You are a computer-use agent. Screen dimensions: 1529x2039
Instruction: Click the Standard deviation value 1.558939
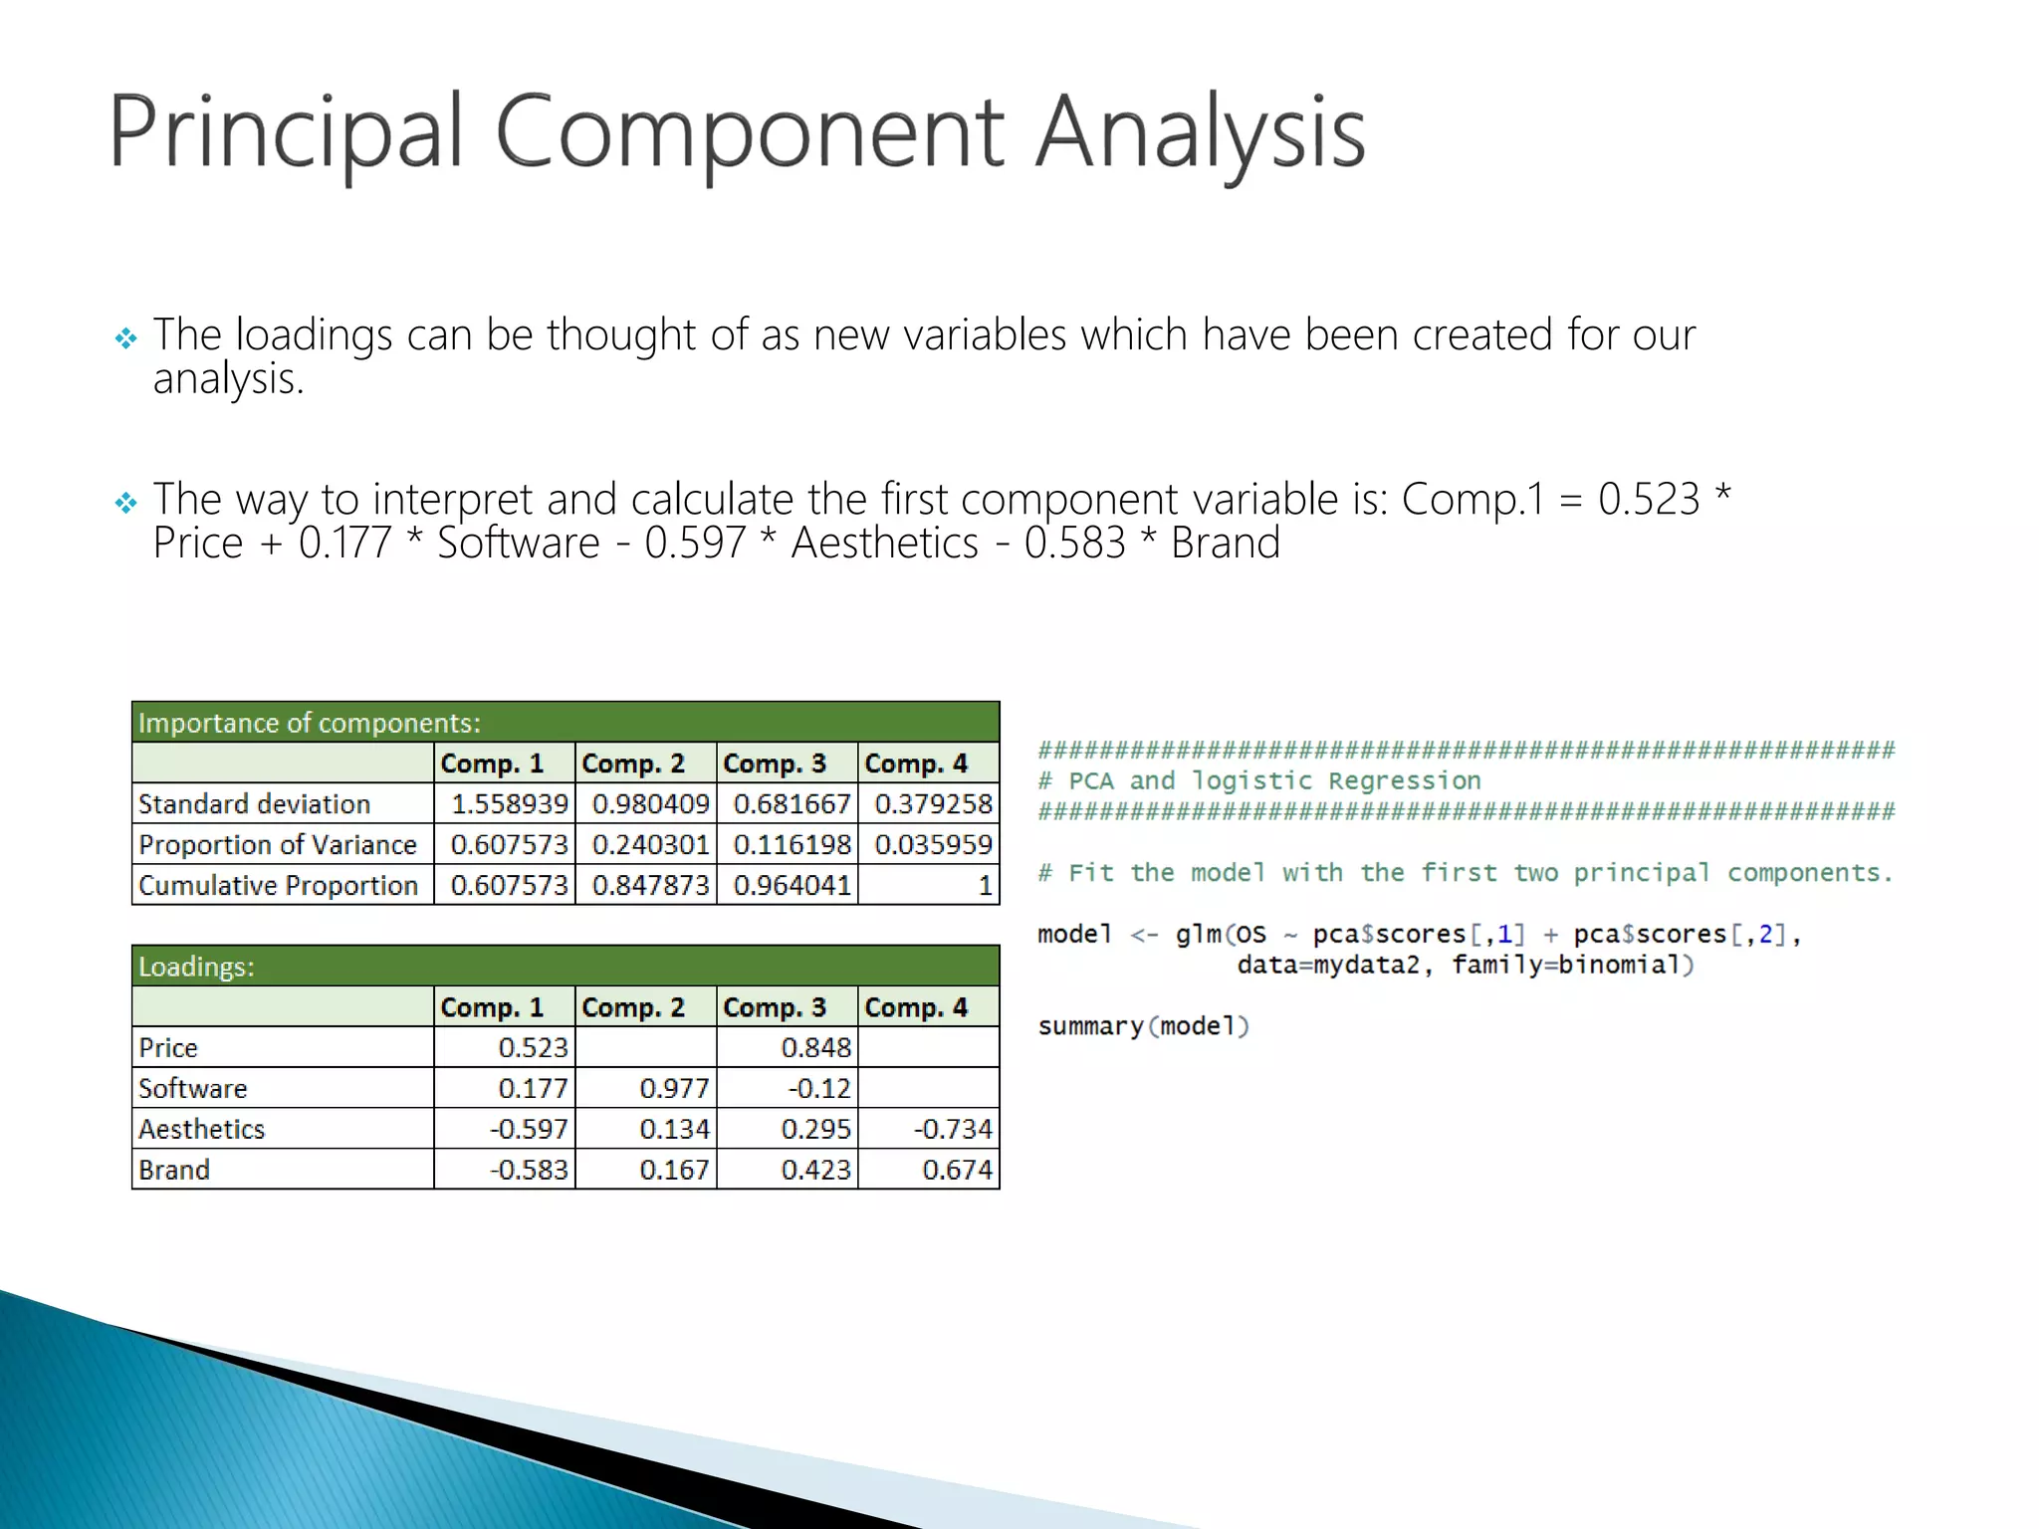509,803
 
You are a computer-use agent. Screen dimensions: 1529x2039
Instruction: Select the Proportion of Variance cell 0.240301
650,844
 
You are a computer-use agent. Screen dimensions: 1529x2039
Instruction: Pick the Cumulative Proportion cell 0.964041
792,885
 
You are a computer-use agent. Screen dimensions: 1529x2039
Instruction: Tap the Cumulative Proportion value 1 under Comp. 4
984,885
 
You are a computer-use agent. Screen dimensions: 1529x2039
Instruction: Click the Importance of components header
309,723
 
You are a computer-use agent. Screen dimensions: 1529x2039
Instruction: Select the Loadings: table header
196,967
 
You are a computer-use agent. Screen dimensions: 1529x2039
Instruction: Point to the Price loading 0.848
815,1047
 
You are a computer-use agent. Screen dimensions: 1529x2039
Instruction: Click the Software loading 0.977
674,1088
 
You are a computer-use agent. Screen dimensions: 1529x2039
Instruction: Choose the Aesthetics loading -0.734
953,1129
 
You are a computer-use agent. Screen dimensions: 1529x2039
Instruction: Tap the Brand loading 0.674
957,1170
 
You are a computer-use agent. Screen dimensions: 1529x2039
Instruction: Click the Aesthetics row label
202,1129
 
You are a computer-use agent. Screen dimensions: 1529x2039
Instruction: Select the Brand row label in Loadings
174,1170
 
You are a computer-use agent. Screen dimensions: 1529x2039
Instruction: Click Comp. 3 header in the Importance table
775,764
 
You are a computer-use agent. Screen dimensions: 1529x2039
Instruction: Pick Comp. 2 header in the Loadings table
633,1007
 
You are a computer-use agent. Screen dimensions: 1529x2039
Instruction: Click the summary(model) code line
1143,1026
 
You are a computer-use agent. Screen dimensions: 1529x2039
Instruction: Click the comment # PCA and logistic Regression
1259,780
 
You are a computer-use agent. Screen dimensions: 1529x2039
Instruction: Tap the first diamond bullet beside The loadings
125,339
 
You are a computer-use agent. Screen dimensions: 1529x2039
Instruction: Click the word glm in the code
1198,934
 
